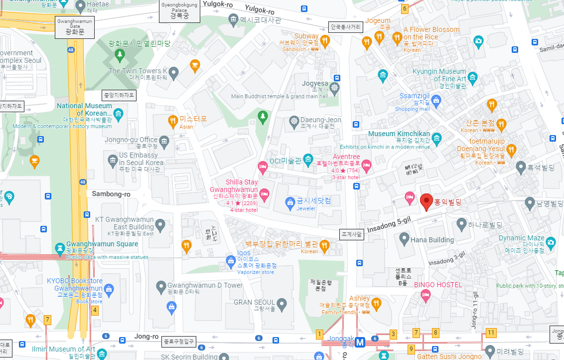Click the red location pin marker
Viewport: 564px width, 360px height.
click(x=425, y=201)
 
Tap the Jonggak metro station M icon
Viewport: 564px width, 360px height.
click(x=360, y=343)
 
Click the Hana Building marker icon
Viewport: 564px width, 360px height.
click(x=404, y=239)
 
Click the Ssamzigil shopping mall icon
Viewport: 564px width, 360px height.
click(x=436, y=101)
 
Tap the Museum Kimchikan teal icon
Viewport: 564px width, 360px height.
click(x=436, y=138)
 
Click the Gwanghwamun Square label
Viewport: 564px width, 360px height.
click(x=102, y=244)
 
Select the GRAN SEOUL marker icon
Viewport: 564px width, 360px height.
click(x=282, y=303)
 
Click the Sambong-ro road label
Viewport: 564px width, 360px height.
click(x=111, y=194)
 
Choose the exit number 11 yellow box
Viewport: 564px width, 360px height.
click(x=491, y=333)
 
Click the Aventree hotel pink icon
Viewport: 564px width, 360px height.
click(x=366, y=165)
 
